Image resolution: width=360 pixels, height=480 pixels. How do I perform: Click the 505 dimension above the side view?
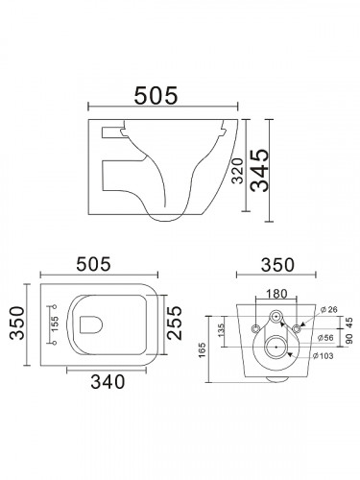click(156, 95)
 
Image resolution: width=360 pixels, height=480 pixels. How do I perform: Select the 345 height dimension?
click(259, 170)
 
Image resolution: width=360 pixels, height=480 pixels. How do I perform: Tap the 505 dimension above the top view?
click(93, 264)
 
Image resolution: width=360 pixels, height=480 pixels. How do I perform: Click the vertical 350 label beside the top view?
click(17, 323)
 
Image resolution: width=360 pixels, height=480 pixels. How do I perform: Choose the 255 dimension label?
click(175, 323)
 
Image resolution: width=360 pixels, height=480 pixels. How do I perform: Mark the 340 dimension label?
click(108, 382)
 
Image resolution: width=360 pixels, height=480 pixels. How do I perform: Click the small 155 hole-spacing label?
click(55, 324)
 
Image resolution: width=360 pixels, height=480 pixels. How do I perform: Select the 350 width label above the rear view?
click(277, 265)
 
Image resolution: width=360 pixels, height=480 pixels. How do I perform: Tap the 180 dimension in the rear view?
click(276, 294)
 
